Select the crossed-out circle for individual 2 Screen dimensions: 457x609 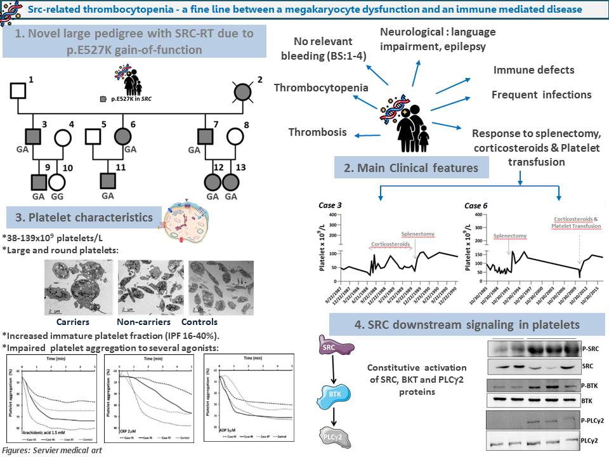point(243,91)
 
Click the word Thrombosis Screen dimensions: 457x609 point(318,132)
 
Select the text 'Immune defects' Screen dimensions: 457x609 point(534,70)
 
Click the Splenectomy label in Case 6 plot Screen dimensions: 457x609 point(510,236)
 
